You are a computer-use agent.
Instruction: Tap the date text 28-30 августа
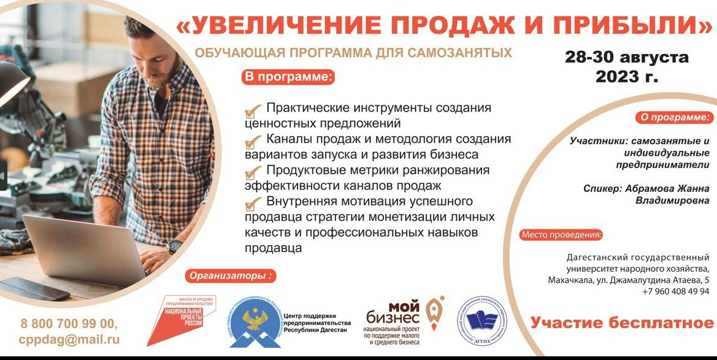coord(626,58)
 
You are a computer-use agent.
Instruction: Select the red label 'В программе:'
coord(288,77)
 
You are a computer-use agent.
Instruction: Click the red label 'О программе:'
coord(674,117)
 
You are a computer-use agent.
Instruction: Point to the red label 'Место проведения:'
coord(561,235)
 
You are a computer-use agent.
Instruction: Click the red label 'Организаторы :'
coord(229,275)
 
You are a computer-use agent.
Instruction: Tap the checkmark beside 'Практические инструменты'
coord(253,111)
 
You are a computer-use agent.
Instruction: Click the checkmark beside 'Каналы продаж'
coord(253,142)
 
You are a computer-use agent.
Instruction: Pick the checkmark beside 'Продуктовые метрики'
coord(253,173)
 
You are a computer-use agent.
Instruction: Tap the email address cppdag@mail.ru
coord(69,339)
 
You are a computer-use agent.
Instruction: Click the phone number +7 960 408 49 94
coord(675,292)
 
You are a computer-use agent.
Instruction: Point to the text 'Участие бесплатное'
coord(622,323)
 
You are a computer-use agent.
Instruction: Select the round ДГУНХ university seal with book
coord(483,321)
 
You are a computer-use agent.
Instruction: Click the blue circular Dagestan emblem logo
coord(255,321)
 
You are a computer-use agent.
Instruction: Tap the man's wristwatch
coord(174,247)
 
